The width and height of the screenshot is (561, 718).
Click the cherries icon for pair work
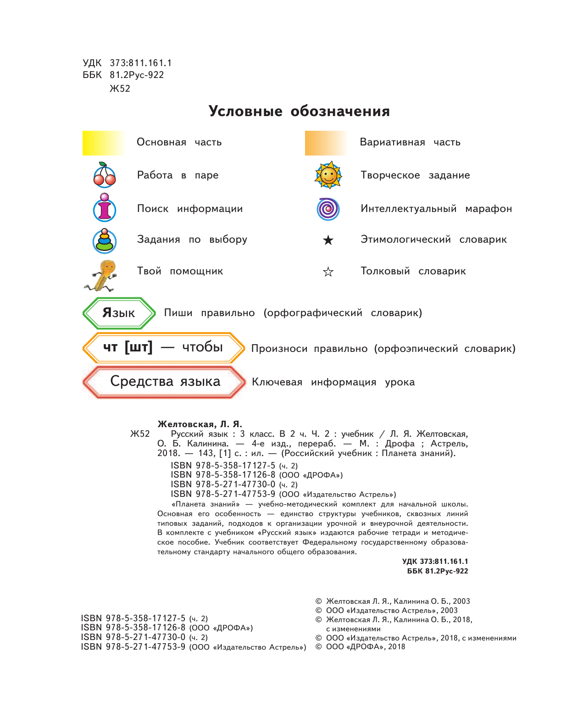click(x=105, y=175)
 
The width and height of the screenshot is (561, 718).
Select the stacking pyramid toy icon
click(x=105, y=241)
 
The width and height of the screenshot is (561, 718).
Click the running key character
click(x=102, y=276)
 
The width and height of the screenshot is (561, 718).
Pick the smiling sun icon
click(x=328, y=175)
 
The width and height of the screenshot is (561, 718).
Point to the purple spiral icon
click(x=328, y=209)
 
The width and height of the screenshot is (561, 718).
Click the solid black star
click(x=328, y=240)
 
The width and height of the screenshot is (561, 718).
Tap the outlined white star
click(x=328, y=272)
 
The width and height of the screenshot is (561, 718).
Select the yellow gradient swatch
click(x=104, y=143)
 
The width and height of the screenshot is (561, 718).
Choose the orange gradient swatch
click(x=326, y=143)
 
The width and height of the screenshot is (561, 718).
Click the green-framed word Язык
click(x=119, y=313)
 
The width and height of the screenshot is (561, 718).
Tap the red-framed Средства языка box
click(x=165, y=382)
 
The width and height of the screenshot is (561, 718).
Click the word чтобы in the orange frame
click(x=202, y=347)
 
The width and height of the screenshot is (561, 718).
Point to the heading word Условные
click(x=245, y=111)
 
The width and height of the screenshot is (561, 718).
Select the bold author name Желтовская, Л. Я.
click(x=200, y=424)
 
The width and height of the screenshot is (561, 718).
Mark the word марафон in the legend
click(x=489, y=209)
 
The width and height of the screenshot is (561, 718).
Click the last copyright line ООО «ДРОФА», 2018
click(x=365, y=647)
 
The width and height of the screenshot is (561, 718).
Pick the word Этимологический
click(x=405, y=239)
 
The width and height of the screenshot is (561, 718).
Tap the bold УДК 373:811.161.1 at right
click(x=435, y=562)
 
